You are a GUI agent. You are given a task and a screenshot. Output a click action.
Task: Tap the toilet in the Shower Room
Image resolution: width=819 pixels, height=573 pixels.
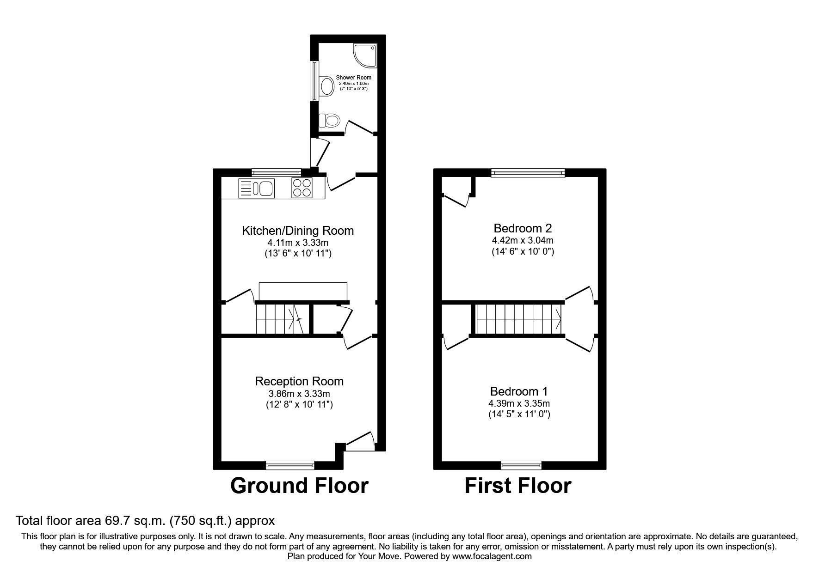pyautogui.click(x=329, y=120)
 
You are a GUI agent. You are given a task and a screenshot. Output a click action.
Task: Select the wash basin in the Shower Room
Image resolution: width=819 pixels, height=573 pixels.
pyautogui.click(x=326, y=86)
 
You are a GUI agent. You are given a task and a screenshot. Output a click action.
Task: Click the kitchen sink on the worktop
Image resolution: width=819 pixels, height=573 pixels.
pyautogui.click(x=256, y=189)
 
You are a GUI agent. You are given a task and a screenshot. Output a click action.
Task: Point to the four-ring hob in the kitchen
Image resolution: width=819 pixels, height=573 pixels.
pyautogui.click(x=302, y=189)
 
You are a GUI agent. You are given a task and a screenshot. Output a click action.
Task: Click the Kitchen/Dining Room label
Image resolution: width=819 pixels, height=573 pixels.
pyautogui.click(x=298, y=231)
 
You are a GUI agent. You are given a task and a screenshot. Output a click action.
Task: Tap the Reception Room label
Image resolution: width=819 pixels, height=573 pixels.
pyautogui.click(x=299, y=381)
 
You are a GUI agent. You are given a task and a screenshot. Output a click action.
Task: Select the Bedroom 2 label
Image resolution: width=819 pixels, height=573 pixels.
pyautogui.click(x=523, y=228)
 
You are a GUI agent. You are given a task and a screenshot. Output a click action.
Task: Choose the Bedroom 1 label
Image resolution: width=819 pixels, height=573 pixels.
pyautogui.click(x=519, y=391)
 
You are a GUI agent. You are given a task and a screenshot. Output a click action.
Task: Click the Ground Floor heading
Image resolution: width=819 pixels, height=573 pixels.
pyautogui.click(x=299, y=486)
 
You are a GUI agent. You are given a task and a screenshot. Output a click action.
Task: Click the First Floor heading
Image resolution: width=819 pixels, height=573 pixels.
pyautogui.click(x=518, y=486)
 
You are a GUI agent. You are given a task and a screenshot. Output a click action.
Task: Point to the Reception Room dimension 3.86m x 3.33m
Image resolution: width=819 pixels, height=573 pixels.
pyautogui.click(x=299, y=394)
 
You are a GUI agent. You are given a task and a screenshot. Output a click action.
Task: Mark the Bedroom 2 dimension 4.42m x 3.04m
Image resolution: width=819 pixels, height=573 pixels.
pyautogui.click(x=523, y=240)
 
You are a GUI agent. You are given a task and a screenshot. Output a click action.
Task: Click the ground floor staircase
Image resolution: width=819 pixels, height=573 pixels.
pyautogui.click(x=282, y=318)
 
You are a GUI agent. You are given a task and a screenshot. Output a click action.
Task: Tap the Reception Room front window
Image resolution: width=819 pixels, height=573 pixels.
pyautogui.click(x=290, y=465)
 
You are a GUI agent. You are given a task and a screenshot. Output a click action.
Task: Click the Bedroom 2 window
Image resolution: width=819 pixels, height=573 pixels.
pyautogui.click(x=528, y=173)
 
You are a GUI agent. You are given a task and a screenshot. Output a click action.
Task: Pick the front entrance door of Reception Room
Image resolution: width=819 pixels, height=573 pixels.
pyautogui.click(x=360, y=442)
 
